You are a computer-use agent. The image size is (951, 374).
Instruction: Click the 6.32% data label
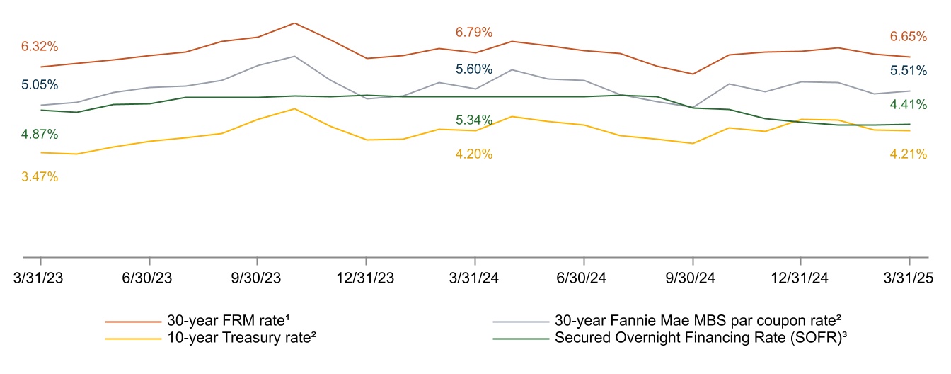click(40, 46)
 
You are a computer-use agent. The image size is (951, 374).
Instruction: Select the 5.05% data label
click(40, 84)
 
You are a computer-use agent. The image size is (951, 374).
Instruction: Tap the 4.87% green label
click(40, 135)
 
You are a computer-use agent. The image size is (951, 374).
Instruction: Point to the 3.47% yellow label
click(40, 177)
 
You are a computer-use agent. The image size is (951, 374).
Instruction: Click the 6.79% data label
click(474, 33)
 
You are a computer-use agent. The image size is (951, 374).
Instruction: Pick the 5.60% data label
click(474, 69)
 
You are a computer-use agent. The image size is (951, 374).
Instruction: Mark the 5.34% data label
click(474, 120)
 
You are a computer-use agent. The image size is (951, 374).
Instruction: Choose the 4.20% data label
click(474, 154)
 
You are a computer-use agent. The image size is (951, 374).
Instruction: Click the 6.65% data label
click(908, 37)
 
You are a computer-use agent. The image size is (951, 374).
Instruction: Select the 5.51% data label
click(908, 71)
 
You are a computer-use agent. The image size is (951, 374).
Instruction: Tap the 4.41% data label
click(908, 105)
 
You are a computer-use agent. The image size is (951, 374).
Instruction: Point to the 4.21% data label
click(908, 154)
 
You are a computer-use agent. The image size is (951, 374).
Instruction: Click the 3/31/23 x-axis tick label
click(38, 278)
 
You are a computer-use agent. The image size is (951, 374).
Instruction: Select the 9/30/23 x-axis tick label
click(256, 278)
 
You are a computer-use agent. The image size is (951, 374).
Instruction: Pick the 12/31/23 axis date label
click(365, 278)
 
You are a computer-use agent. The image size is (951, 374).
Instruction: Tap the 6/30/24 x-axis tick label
click(581, 278)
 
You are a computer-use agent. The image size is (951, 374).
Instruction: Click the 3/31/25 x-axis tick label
click(909, 278)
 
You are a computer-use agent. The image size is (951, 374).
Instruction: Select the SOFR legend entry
click(670, 338)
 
